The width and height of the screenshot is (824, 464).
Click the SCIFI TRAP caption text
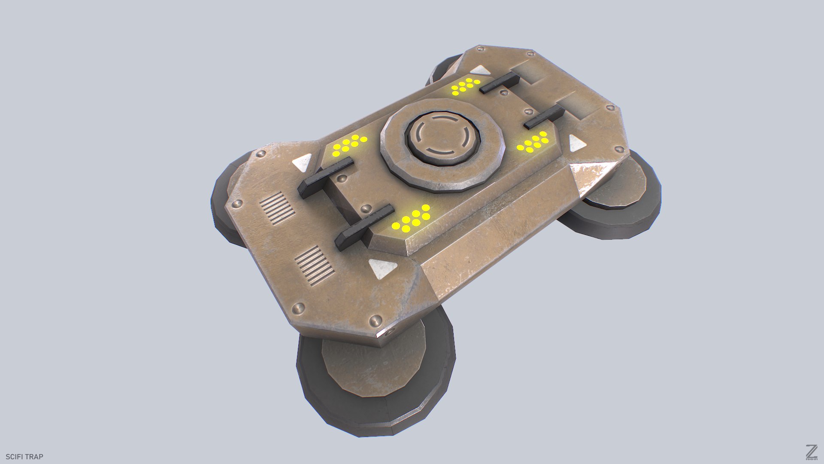24,457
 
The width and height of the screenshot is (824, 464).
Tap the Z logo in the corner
811,452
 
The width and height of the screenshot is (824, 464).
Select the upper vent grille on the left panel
277,208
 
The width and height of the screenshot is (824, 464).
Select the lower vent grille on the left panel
314,266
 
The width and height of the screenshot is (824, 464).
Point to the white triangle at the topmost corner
480,70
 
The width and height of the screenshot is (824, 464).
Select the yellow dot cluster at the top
465,86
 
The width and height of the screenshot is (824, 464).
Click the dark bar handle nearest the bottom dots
365,227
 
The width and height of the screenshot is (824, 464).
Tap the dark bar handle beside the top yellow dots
499,82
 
